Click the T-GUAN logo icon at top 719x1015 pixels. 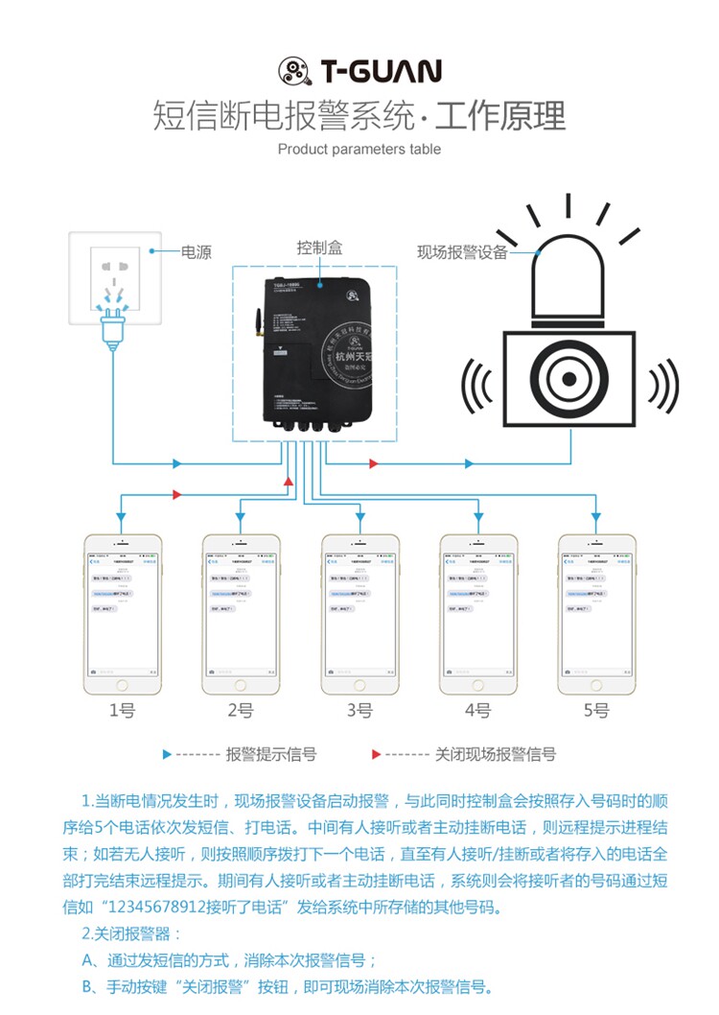coord(295,71)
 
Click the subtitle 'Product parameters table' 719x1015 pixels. coord(359,149)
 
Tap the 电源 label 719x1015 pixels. coord(197,252)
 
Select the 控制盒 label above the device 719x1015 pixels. coord(319,248)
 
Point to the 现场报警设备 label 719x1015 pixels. coord(462,253)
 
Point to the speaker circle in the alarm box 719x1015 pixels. coord(570,378)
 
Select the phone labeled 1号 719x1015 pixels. coord(122,614)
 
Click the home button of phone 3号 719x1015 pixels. coord(359,686)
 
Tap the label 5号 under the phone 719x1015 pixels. coord(596,711)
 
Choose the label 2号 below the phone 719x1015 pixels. coord(241,711)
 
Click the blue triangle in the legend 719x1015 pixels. coord(168,755)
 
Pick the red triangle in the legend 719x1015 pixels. coord(377,755)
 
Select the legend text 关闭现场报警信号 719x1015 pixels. coord(495,755)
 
